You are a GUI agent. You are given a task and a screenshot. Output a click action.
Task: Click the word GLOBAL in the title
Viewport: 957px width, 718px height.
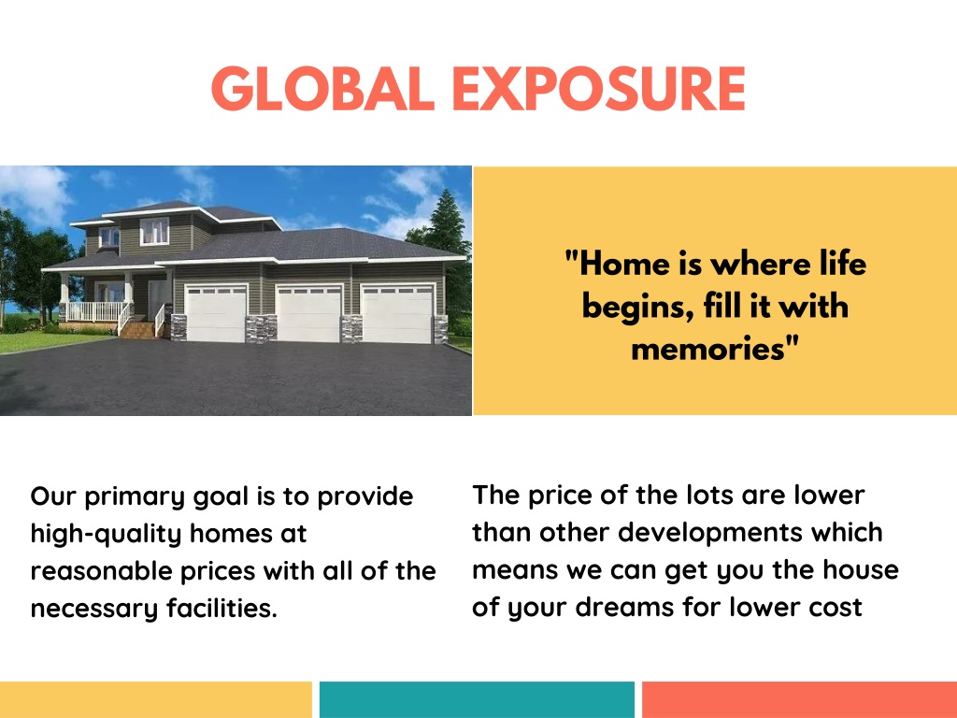coord(322,89)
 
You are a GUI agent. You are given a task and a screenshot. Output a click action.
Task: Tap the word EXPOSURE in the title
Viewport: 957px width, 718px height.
coord(599,89)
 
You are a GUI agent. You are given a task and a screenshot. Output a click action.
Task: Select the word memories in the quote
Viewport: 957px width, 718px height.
coord(707,350)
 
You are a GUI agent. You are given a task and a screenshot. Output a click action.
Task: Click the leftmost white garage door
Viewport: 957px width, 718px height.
coord(216,314)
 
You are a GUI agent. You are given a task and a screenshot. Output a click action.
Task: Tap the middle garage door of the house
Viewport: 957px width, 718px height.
coord(308,314)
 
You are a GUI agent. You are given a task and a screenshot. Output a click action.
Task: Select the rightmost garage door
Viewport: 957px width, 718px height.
coord(397,314)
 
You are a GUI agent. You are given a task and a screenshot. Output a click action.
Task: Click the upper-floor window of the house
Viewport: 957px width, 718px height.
coord(154,231)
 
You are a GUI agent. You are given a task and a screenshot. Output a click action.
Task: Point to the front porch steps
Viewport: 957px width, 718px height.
coord(138,330)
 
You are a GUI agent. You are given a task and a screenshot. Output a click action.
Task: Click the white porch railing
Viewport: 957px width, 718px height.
coord(96,311)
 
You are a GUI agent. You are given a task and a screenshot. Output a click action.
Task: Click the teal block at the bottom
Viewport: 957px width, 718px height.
coord(477,699)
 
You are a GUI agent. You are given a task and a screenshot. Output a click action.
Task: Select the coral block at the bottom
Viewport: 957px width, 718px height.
coord(800,699)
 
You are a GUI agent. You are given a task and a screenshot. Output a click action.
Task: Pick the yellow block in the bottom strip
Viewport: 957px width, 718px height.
coord(156,699)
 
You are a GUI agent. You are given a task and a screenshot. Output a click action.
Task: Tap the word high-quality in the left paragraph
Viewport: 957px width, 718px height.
coord(106,534)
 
